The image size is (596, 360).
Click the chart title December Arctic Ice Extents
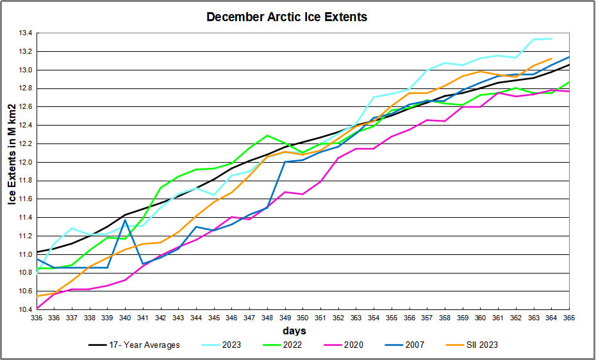[x=286, y=17]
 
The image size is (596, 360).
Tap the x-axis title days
[x=294, y=331]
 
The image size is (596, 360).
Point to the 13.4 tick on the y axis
[x=23, y=33]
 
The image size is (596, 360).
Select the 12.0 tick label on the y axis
[x=23, y=162]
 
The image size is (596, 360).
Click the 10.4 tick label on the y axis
[x=23, y=310]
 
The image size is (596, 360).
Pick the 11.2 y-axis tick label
[x=23, y=236]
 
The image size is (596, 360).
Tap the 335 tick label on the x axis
[x=37, y=318]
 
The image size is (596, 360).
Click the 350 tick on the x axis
[x=303, y=318]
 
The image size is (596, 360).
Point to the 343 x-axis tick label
[x=179, y=318]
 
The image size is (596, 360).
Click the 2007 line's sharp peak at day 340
[x=126, y=220]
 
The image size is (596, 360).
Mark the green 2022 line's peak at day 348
[x=267, y=136]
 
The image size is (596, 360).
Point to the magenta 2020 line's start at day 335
[x=37, y=309]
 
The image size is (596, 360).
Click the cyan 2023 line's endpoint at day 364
[x=552, y=38]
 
